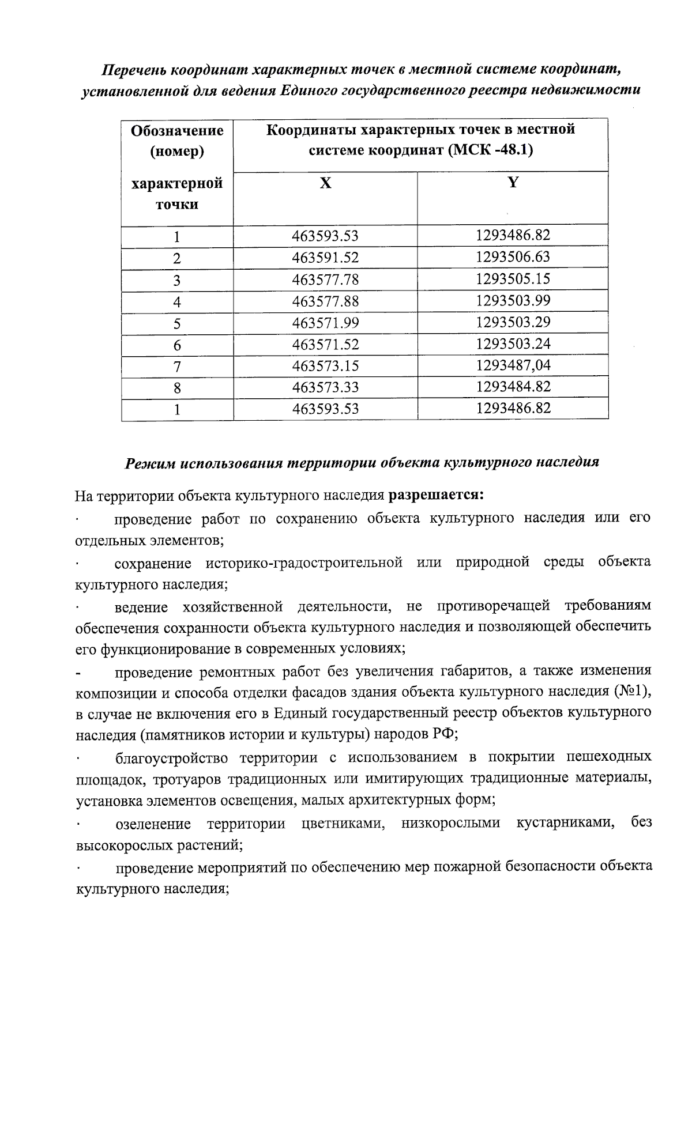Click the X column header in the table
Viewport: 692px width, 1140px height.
click(x=326, y=183)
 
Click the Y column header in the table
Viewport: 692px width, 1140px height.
click(x=513, y=183)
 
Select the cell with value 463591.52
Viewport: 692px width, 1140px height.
click(x=325, y=258)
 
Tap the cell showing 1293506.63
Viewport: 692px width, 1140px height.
click(x=513, y=256)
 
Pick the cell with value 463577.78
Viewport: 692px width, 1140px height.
click(x=325, y=280)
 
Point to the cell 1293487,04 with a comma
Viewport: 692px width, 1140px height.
click(x=513, y=365)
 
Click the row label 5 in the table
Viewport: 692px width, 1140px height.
click(x=177, y=323)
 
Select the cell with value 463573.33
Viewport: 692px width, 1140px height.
click(x=325, y=387)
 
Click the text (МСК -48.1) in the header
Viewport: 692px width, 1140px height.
click(x=490, y=150)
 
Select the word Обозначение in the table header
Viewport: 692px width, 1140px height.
click(x=177, y=130)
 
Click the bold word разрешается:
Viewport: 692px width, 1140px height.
click(x=436, y=495)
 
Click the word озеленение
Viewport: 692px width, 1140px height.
click(x=153, y=823)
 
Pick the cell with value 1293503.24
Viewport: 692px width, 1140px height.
click(x=513, y=344)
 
